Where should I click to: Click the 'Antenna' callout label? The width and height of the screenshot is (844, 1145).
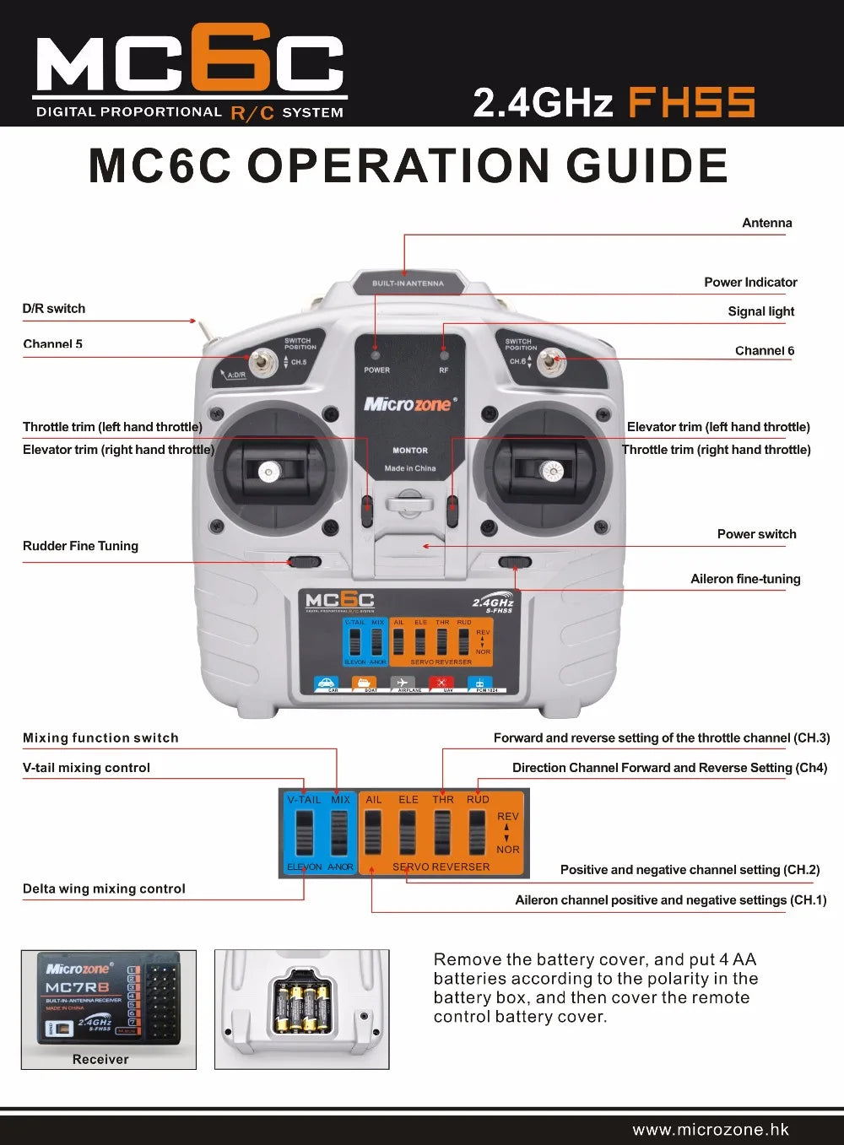pos(766,223)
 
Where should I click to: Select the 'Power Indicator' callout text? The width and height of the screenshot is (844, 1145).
pos(750,282)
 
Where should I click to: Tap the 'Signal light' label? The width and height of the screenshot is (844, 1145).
pos(760,311)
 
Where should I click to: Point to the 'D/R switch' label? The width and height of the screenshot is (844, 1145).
pos(53,309)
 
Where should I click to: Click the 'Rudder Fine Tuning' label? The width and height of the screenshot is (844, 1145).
pos(80,546)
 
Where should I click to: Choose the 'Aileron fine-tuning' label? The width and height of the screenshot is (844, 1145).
pos(745,579)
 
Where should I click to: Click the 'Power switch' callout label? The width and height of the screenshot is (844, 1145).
pos(756,534)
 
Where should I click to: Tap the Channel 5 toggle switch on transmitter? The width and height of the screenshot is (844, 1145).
pos(264,364)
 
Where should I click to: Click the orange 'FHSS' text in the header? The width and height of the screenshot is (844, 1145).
pos(691,103)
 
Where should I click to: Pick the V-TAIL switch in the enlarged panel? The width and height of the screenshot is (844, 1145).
pos(304,833)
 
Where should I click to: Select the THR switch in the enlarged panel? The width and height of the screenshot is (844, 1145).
pos(442,833)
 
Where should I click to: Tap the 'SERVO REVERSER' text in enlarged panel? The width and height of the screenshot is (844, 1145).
pos(441,867)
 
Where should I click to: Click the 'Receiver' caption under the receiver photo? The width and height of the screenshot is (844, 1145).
pos(100,1059)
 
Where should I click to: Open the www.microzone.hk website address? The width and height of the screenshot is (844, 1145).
pos(711,1130)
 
